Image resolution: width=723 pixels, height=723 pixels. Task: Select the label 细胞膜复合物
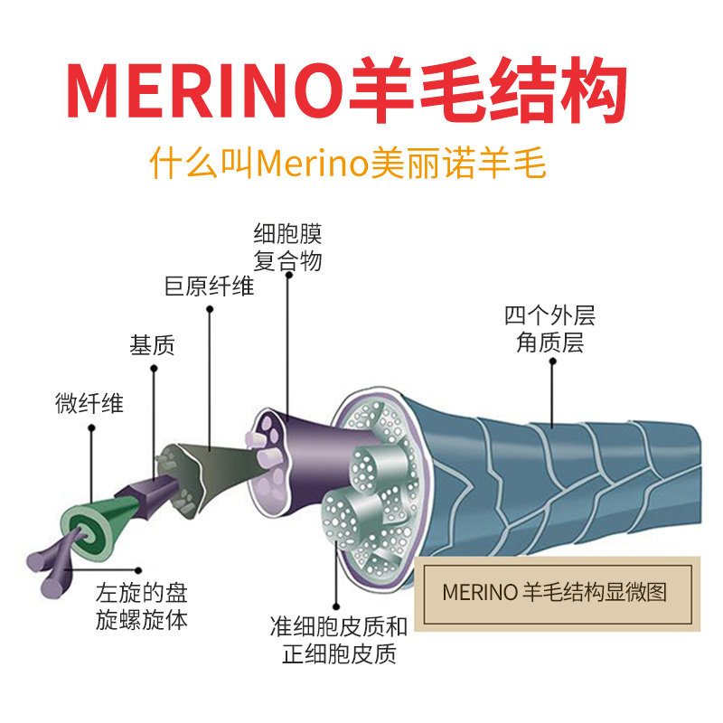pos(288,247)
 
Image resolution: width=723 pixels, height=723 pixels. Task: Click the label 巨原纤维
pos(209,287)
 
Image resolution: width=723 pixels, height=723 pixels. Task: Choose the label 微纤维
pos(89,403)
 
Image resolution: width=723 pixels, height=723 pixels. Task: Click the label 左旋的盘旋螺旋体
pos(142,607)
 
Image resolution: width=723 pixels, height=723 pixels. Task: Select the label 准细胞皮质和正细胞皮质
pos(338,639)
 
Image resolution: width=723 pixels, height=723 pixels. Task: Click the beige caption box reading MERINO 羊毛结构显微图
pos(556,594)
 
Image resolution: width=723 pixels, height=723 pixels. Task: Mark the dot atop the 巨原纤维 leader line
pos(210,310)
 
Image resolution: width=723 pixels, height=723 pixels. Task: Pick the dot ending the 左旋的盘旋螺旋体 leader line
pos(138,570)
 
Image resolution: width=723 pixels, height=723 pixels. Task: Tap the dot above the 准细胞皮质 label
pos(336,606)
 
